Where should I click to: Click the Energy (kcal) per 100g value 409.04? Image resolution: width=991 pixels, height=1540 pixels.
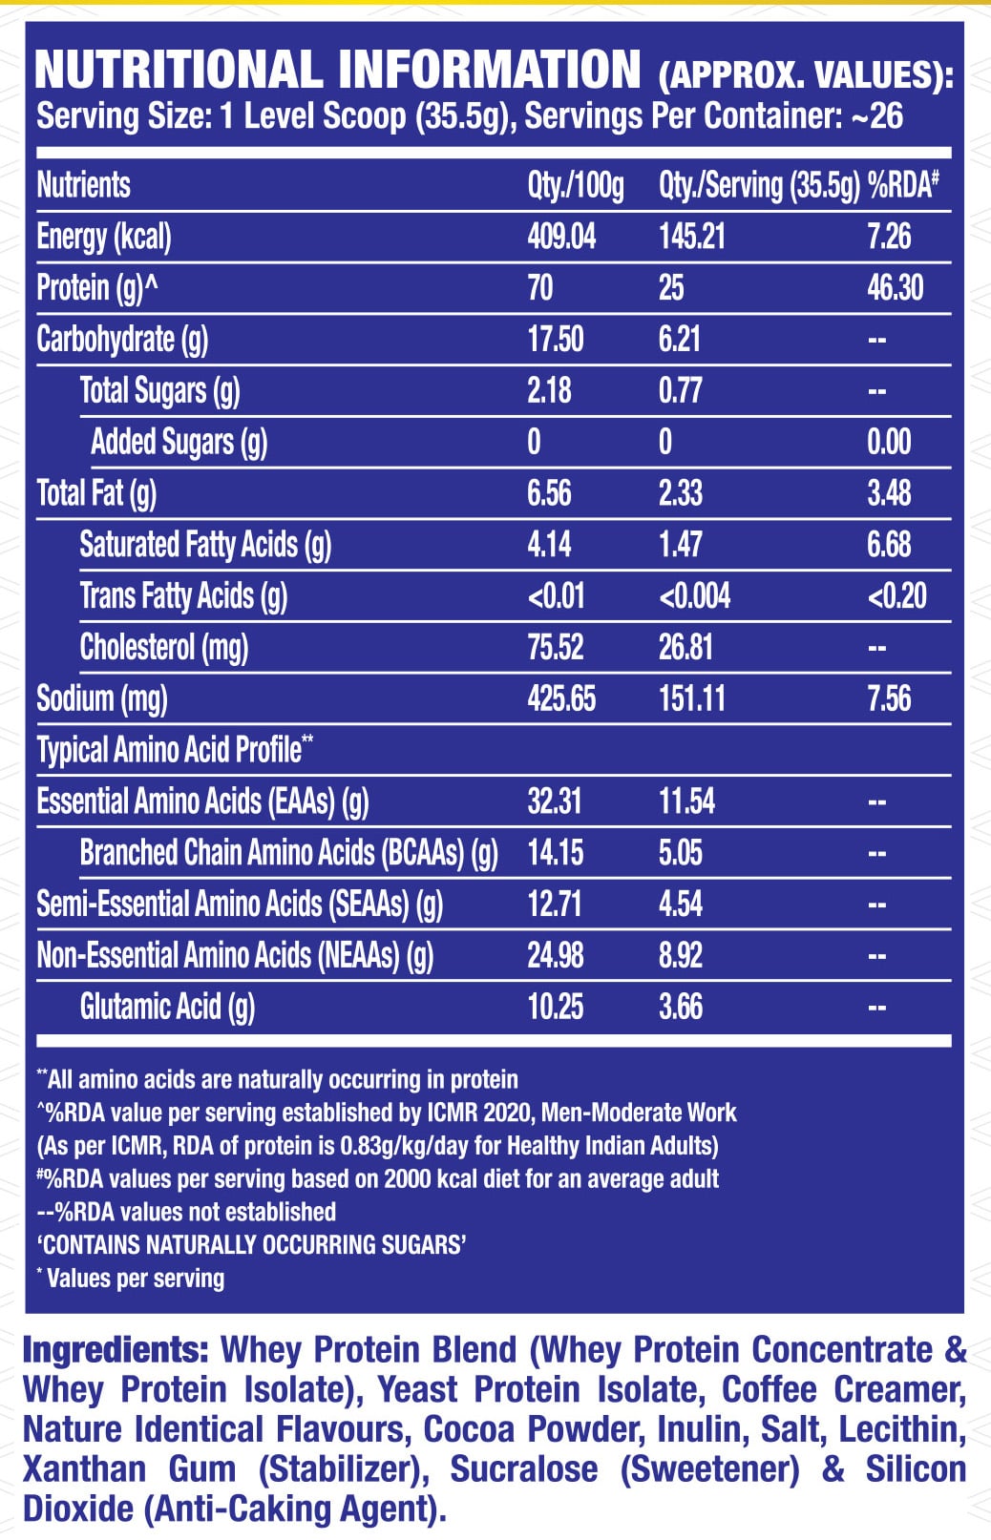(x=561, y=237)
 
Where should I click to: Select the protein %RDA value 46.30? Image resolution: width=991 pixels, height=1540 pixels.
(x=895, y=287)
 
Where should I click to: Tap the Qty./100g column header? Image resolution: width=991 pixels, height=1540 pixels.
(x=576, y=186)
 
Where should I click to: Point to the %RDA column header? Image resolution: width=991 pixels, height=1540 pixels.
(x=903, y=185)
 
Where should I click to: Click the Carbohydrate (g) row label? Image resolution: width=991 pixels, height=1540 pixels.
(x=122, y=340)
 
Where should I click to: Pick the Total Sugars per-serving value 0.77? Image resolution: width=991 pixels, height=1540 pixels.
(x=680, y=390)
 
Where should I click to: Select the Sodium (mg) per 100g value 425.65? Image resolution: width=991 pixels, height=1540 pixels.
(x=561, y=698)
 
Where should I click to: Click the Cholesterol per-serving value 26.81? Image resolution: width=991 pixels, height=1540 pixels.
(x=685, y=647)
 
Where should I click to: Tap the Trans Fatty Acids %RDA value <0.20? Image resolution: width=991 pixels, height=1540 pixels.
(x=896, y=595)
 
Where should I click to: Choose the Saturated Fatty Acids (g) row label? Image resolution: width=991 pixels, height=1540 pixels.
(x=205, y=545)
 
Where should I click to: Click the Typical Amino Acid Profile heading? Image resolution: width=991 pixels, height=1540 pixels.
(x=175, y=749)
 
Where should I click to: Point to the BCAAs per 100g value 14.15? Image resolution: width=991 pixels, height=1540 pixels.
(x=555, y=852)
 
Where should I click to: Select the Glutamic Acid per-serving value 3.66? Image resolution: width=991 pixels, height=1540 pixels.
(x=680, y=1007)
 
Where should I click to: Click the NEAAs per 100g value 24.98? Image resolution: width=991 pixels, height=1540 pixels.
(x=555, y=955)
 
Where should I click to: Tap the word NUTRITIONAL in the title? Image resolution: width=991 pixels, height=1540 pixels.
(x=179, y=70)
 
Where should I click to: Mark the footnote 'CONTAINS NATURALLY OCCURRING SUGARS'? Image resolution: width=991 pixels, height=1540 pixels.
(x=252, y=1244)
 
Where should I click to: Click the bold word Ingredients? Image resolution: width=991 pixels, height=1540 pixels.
(x=116, y=1350)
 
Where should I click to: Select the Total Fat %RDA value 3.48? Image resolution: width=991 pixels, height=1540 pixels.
(x=889, y=493)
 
